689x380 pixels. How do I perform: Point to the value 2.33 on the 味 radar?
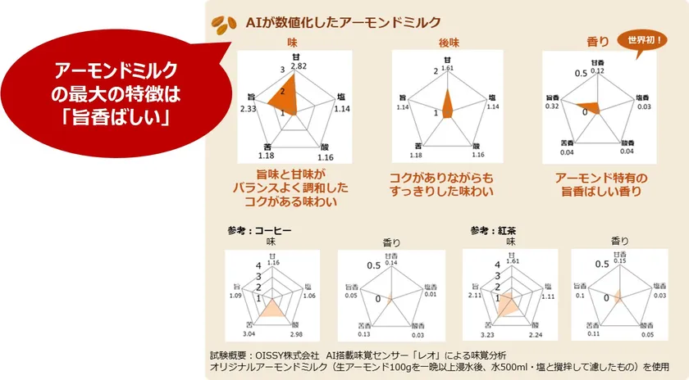point(249,109)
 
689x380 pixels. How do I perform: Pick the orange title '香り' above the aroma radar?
point(598,41)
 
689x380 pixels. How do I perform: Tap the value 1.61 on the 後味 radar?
point(447,69)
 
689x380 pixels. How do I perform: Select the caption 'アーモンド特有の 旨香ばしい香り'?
point(598,184)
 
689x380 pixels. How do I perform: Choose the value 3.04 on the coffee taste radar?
point(250,334)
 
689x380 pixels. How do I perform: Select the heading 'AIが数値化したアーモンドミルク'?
point(343,22)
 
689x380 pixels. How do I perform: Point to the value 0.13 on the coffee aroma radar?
point(364,334)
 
